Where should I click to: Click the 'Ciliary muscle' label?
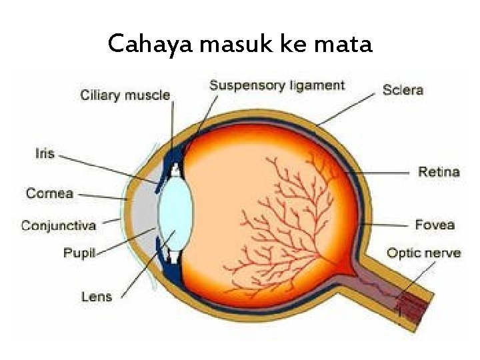point(125,95)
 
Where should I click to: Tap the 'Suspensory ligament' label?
point(277,85)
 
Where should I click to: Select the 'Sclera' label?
point(403,89)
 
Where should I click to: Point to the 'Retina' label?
point(439,172)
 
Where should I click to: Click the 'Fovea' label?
point(435,225)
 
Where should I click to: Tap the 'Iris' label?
point(44,153)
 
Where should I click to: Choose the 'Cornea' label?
point(49,193)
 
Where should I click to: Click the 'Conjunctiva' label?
point(59,225)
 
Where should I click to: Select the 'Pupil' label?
point(79,253)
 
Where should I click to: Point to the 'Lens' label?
point(97,296)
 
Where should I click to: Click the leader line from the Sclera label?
point(347,109)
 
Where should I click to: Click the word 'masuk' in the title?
point(230,44)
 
